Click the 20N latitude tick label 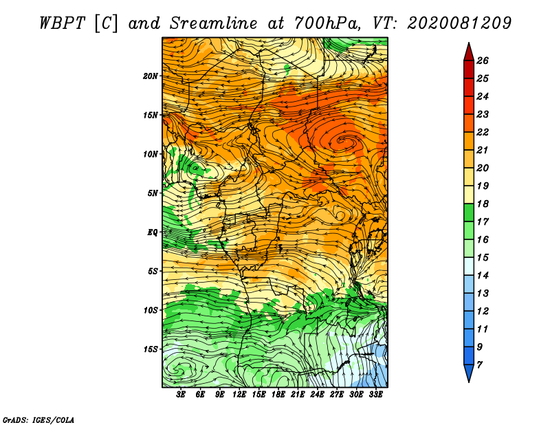[x=151, y=76]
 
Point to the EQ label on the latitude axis [x=153, y=232]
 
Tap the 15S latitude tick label [x=151, y=349]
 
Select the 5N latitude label [x=153, y=193]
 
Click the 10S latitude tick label [x=151, y=310]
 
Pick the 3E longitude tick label [x=181, y=395]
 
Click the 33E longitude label [x=375, y=395]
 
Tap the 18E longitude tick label [x=278, y=395]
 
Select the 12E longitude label [x=239, y=395]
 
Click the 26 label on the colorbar [x=483, y=61]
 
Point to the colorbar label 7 [x=479, y=365]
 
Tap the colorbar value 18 [x=483, y=204]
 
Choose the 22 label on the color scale [x=483, y=132]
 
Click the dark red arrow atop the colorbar [x=469, y=53]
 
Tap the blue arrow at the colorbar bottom [x=469, y=373]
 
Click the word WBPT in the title [x=63, y=23]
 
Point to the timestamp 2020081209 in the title [x=459, y=23]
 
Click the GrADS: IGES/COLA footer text [x=38, y=420]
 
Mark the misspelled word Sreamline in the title [x=214, y=23]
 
